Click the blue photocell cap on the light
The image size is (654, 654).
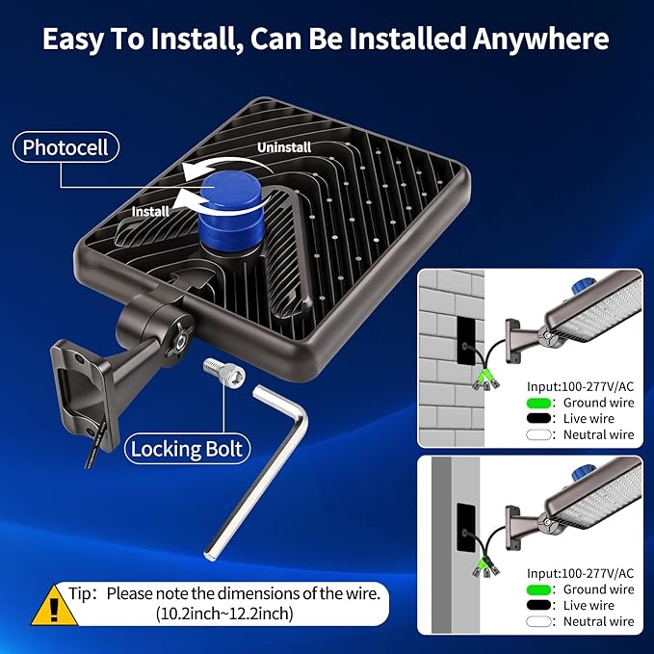click(x=232, y=212)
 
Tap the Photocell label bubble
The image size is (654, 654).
click(x=65, y=147)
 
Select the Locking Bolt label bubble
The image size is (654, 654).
click(x=187, y=449)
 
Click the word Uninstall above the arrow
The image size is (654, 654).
click(x=284, y=147)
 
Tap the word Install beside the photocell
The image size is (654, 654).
click(x=150, y=212)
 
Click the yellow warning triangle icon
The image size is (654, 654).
click(x=54, y=606)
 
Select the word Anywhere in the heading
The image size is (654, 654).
click(x=540, y=39)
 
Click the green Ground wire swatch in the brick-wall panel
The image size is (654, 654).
click(x=538, y=403)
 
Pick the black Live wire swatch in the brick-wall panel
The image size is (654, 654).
click(x=538, y=418)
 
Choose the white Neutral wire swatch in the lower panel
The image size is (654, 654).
click(x=538, y=621)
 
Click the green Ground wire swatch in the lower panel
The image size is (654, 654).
click(x=538, y=589)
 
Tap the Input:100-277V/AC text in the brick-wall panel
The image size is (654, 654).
click(x=580, y=386)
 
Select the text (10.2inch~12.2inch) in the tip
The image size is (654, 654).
click(x=224, y=614)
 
